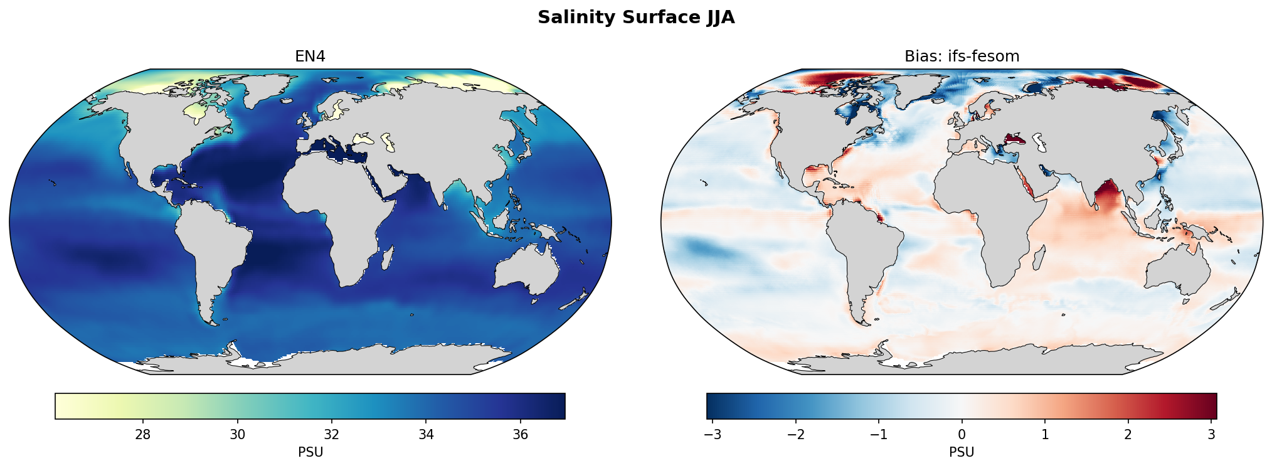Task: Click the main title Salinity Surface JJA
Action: click(635, 18)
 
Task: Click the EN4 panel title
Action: click(310, 56)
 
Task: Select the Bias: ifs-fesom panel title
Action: click(962, 56)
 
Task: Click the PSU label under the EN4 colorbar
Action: click(310, 452)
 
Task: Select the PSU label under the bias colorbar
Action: click(962, 452)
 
